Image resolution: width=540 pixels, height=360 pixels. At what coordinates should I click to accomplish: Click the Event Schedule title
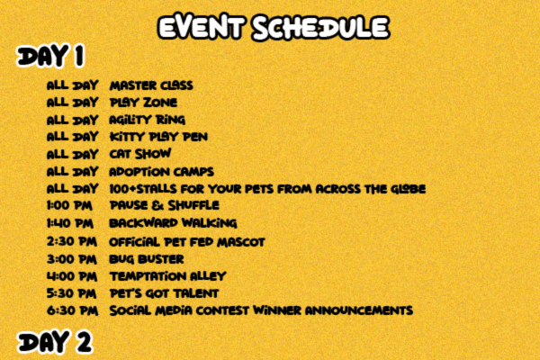(274, 27)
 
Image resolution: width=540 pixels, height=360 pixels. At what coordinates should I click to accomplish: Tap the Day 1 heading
(50, 56)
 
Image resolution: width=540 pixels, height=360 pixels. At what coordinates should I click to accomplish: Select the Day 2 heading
(54, 342)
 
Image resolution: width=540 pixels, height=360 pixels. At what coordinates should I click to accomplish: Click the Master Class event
(151, 85)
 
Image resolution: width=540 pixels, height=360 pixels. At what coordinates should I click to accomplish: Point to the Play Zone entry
(143, 103)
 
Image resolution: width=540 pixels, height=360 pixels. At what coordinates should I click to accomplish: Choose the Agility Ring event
(147, 120)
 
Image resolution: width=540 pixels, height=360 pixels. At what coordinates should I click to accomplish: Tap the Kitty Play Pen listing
(158, 137)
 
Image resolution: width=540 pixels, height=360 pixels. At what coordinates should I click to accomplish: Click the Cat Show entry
(140, 154)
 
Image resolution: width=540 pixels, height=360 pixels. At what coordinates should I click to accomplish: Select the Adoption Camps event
(161, 172)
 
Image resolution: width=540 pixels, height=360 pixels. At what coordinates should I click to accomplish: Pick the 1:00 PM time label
(69, 205)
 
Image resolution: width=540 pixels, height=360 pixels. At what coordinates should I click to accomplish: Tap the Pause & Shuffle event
(165, 205)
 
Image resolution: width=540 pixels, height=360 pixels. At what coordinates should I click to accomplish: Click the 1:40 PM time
(70, 223)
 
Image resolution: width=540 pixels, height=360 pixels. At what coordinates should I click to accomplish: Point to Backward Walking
(173, 223)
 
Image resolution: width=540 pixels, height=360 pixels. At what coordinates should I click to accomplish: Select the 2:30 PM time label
(72, 241)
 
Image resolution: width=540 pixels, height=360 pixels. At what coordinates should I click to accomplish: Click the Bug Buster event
(147, 259)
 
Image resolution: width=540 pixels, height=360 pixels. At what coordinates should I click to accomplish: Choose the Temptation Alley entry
(167, 276)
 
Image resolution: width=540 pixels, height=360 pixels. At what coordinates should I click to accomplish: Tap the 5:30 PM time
(72, 293)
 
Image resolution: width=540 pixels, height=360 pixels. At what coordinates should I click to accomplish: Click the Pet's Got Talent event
(164, 293)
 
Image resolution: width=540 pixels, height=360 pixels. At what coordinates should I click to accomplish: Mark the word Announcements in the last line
(359, 310)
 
